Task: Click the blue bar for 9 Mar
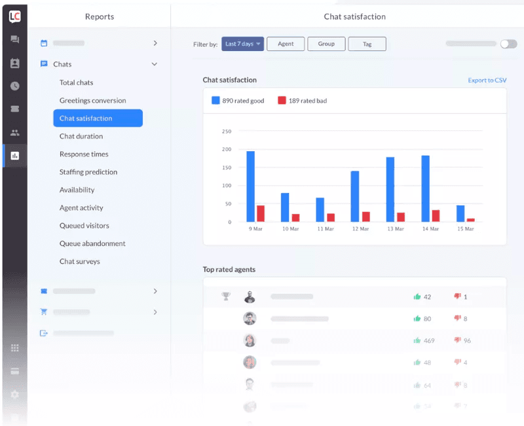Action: coord(250,186)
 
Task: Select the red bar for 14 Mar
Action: coord(435,216)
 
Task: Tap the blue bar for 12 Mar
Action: coord(355,196)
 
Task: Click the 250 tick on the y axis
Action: coord(227,132)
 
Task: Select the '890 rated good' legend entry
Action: coord(238,101)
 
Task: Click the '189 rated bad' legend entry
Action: coord(303,101)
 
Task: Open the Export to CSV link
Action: coord(487,80)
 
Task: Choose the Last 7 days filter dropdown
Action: coord(242,44)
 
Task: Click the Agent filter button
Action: coord(286,44)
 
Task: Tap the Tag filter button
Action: coord(367,44)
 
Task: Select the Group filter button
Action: coord(326,44)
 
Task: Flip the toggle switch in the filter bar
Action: coord(508,44)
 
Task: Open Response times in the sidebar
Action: coord(84,154)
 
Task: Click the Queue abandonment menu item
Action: coord(92,243)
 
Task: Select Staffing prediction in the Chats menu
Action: coord(88,172)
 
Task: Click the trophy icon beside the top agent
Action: coord(226,296)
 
